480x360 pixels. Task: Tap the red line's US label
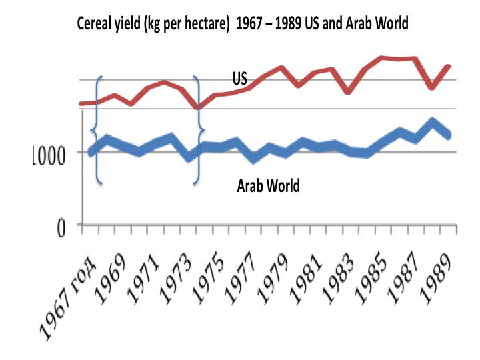[x=240, y=79]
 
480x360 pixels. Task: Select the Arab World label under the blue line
[x=269, y=185]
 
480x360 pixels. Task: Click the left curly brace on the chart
[x=98, y=130]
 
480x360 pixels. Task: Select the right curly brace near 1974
[x=197, y=130]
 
